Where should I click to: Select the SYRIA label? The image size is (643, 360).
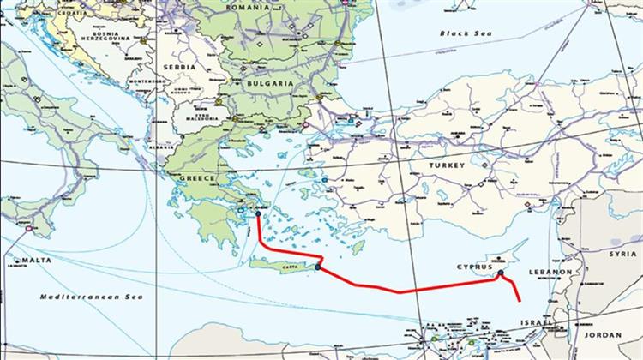tap(622, 254)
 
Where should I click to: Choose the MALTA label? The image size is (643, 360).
tap(35, 260)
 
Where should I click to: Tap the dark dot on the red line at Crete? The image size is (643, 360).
tap(317, 267)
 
